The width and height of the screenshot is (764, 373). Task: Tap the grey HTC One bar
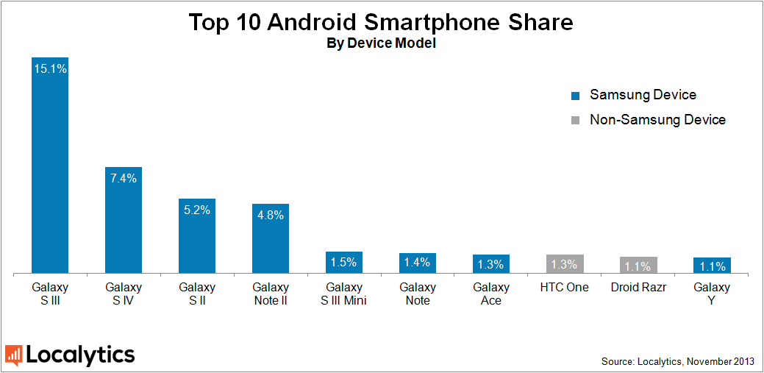pos(565,265)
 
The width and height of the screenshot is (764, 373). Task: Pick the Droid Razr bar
pos(638,266)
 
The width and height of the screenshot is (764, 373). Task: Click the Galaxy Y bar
pos(712,266)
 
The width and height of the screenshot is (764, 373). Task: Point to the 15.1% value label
pos(50,69)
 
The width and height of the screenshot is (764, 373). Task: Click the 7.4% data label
pos(124,178)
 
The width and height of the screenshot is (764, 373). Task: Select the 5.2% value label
pos(197,210)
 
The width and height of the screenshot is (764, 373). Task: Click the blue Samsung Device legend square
pos(576,96)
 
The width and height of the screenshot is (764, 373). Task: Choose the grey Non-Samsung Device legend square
pos(576,120)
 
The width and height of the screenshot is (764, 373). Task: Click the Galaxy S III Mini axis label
pos(344,294)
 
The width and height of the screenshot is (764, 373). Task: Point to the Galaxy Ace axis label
pos(491,294)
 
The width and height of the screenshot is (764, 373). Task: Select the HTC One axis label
pos(565,287)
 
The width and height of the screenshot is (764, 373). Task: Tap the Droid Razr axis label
pos(638,287)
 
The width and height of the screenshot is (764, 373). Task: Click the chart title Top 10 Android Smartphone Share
pos(381,22)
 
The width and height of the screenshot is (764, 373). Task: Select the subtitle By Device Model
pos(381,43)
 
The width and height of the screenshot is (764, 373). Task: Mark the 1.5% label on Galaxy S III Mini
pos(344,262)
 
